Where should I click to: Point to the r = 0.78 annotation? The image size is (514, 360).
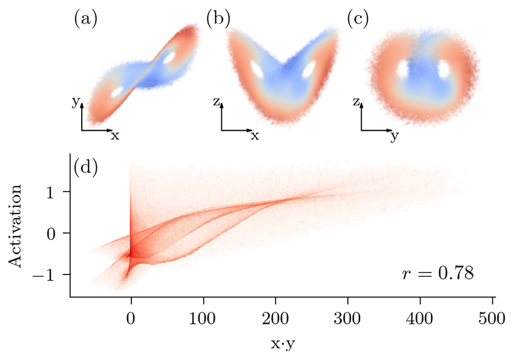pos(437,274)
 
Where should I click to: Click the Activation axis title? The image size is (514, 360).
pos(17,226)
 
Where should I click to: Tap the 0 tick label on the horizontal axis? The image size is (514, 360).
pos(131,316)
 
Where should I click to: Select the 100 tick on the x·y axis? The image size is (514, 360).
pos(203,316)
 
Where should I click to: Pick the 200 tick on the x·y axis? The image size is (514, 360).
pos(275,316)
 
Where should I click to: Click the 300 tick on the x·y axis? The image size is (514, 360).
pos(348,316)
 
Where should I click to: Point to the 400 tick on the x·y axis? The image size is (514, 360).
pos(420,316)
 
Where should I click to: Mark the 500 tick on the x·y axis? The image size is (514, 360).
pos(493,316)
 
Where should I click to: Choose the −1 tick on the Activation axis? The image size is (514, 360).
pos(48,274)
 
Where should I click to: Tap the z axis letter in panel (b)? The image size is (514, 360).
pos(215,103)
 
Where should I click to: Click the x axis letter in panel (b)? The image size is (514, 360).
pos(255,135)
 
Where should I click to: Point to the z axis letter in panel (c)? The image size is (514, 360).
pos(355,103)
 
